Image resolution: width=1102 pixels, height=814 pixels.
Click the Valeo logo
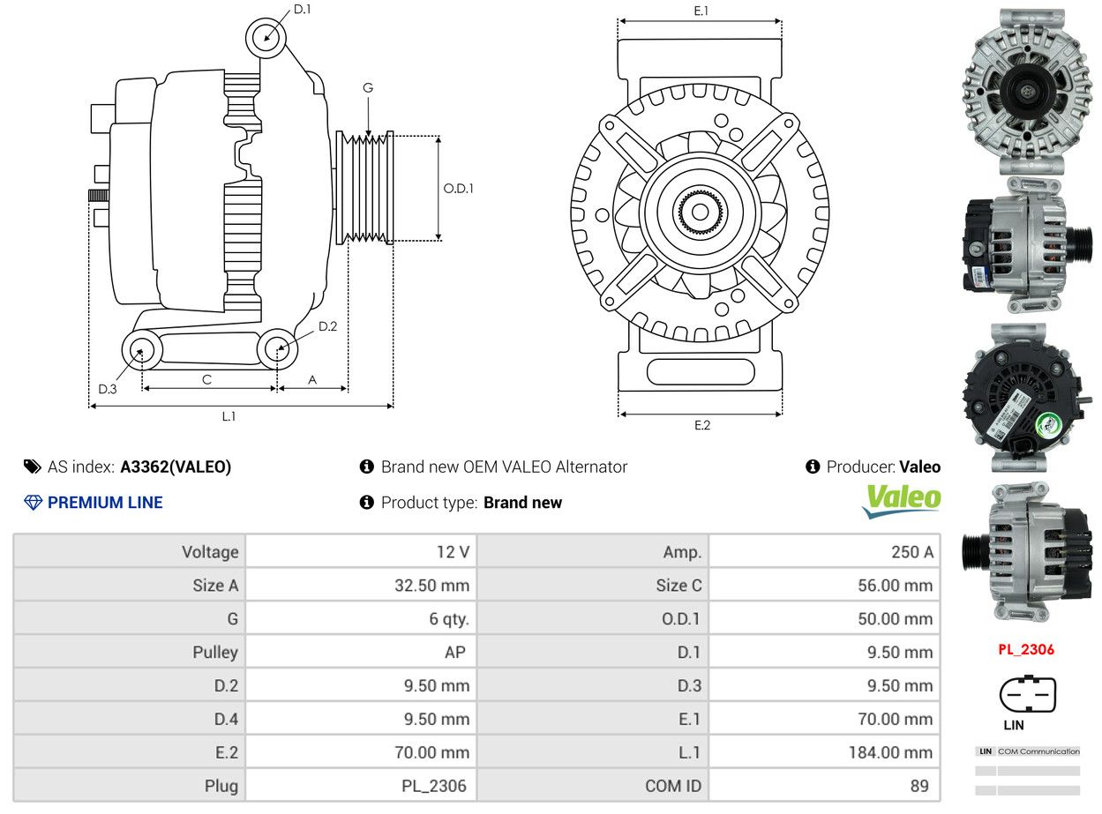[901, 500]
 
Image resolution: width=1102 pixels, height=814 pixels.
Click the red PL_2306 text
[1025, 650]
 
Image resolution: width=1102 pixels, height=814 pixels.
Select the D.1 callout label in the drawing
[302, 10]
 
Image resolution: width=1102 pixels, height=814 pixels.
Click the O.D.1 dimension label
[458, 189]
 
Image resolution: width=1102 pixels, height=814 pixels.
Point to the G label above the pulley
[367, 88]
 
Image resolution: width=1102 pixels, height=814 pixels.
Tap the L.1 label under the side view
[229, 416]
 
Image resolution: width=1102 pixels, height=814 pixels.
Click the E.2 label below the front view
[701, 426]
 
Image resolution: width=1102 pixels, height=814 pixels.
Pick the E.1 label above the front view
[701, 11]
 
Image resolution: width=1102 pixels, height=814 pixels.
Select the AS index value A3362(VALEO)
[176, 467]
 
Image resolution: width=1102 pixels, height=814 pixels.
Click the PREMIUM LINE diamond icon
[34, 503]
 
